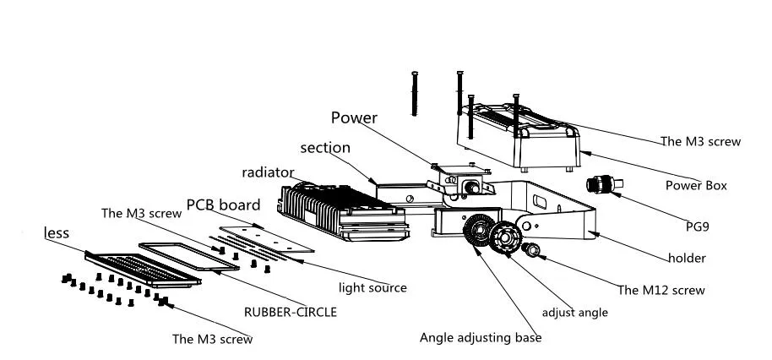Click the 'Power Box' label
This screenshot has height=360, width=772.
(x=695, y=185)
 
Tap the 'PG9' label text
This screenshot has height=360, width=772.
(x=698, y=226)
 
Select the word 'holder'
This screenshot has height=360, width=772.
(x=687, y=258)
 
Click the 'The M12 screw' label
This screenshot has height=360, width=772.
(x=661, y=290)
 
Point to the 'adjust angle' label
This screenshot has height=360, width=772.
(x=574, y=312)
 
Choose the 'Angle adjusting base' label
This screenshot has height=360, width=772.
(x=481, y=338)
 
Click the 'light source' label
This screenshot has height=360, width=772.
(x=372, y=287)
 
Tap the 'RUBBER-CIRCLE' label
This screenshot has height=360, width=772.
(x=291, y=312)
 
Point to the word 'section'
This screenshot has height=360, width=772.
(x=324, y=148)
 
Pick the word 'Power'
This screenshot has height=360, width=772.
(x=354, y=117)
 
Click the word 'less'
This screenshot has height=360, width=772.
(x=57, y=232)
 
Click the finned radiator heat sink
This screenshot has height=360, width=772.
(x=338, y=206)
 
